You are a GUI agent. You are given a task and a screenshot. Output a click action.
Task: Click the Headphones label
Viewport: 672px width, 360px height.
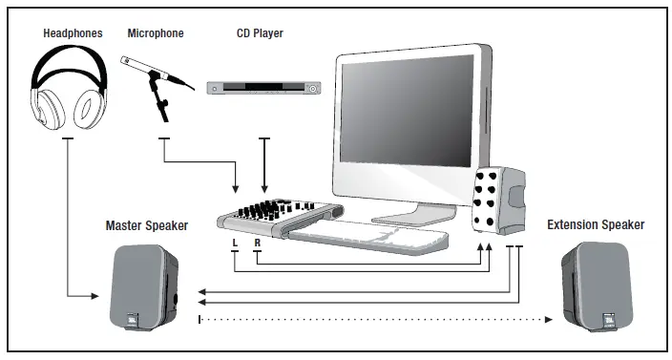(73, 34)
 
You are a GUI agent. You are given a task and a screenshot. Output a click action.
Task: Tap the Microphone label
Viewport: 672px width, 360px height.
(156, 34)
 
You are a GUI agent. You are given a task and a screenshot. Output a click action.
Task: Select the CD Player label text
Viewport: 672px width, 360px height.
(260, 34)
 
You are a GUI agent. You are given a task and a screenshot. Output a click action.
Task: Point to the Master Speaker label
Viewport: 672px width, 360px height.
(146, 225)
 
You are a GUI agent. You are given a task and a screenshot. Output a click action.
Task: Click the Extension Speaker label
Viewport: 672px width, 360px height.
(596, 225)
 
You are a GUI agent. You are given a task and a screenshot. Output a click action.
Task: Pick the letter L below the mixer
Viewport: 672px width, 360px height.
(234, 243)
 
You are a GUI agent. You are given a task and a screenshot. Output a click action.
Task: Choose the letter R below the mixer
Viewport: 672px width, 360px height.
(258, 243)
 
